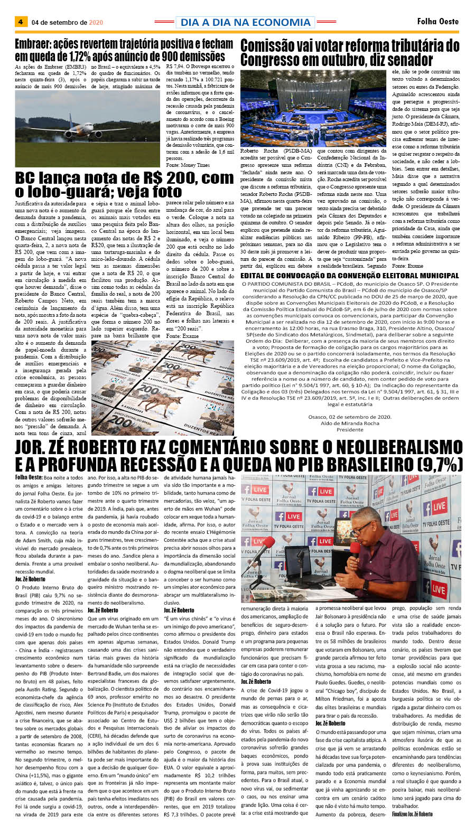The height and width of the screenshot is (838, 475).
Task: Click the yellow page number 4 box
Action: click(21, 22)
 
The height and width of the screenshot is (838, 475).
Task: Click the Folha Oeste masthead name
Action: click(437, 22)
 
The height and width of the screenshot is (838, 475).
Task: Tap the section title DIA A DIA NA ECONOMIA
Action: click(245, 22)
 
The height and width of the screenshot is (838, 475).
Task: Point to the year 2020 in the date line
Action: click(96, 23)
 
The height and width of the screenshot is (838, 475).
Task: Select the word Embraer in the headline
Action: click(34, 44)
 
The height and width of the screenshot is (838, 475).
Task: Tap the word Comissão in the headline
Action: click(271, 46)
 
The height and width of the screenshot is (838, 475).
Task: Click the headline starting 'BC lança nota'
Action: click(124, 184)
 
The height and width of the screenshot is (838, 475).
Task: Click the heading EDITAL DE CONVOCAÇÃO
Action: click(349, 275)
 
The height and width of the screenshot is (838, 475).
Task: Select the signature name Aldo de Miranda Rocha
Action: click(349, 423)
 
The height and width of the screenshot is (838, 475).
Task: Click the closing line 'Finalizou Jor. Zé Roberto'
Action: click(412, 814)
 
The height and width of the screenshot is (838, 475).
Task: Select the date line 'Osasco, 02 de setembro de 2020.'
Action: click(349, 417)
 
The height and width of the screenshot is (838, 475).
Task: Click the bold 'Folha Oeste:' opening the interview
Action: click(29, 477)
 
